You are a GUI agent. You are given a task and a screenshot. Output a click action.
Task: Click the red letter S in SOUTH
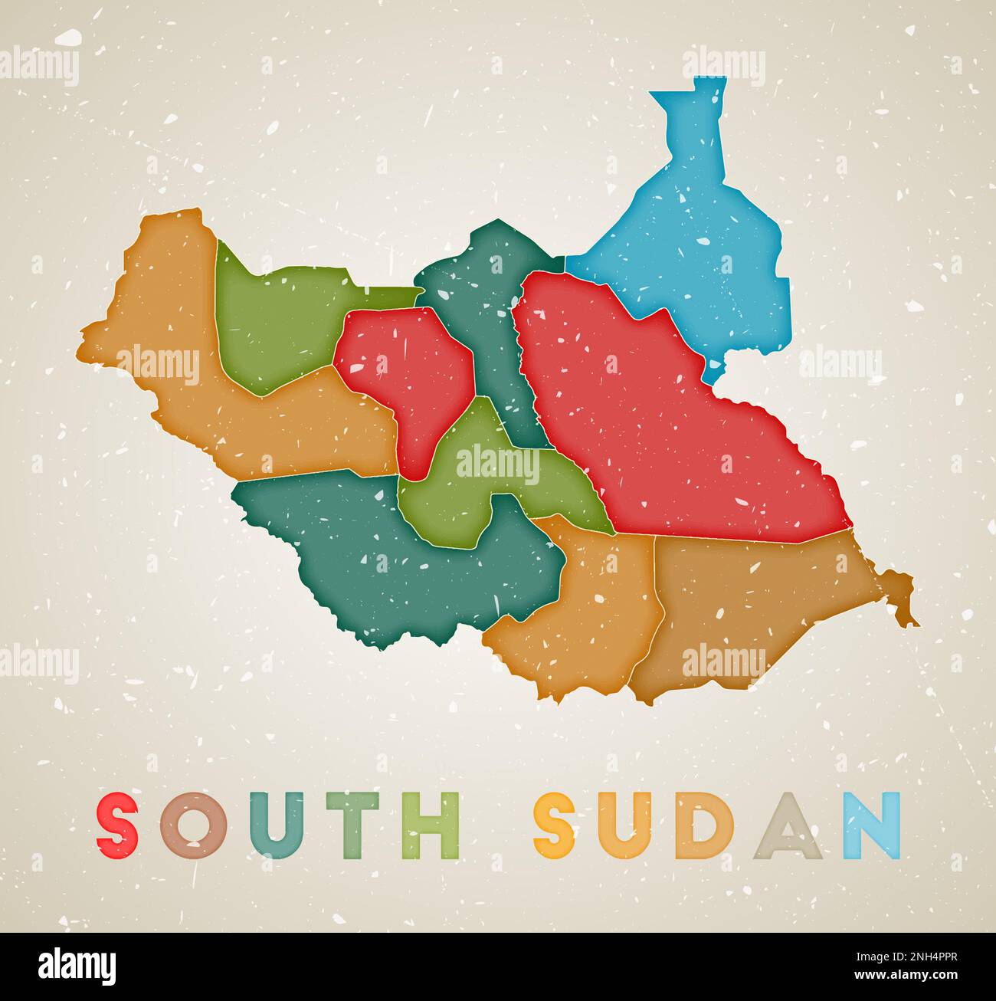point(118,826)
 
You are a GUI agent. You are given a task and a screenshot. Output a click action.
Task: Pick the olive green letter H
point(431,826)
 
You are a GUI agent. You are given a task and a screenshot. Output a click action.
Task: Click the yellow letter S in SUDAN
point(555,826)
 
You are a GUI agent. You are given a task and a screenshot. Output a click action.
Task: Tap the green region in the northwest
point(276,322)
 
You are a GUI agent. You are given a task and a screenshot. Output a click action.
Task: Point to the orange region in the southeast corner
point(751,598)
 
